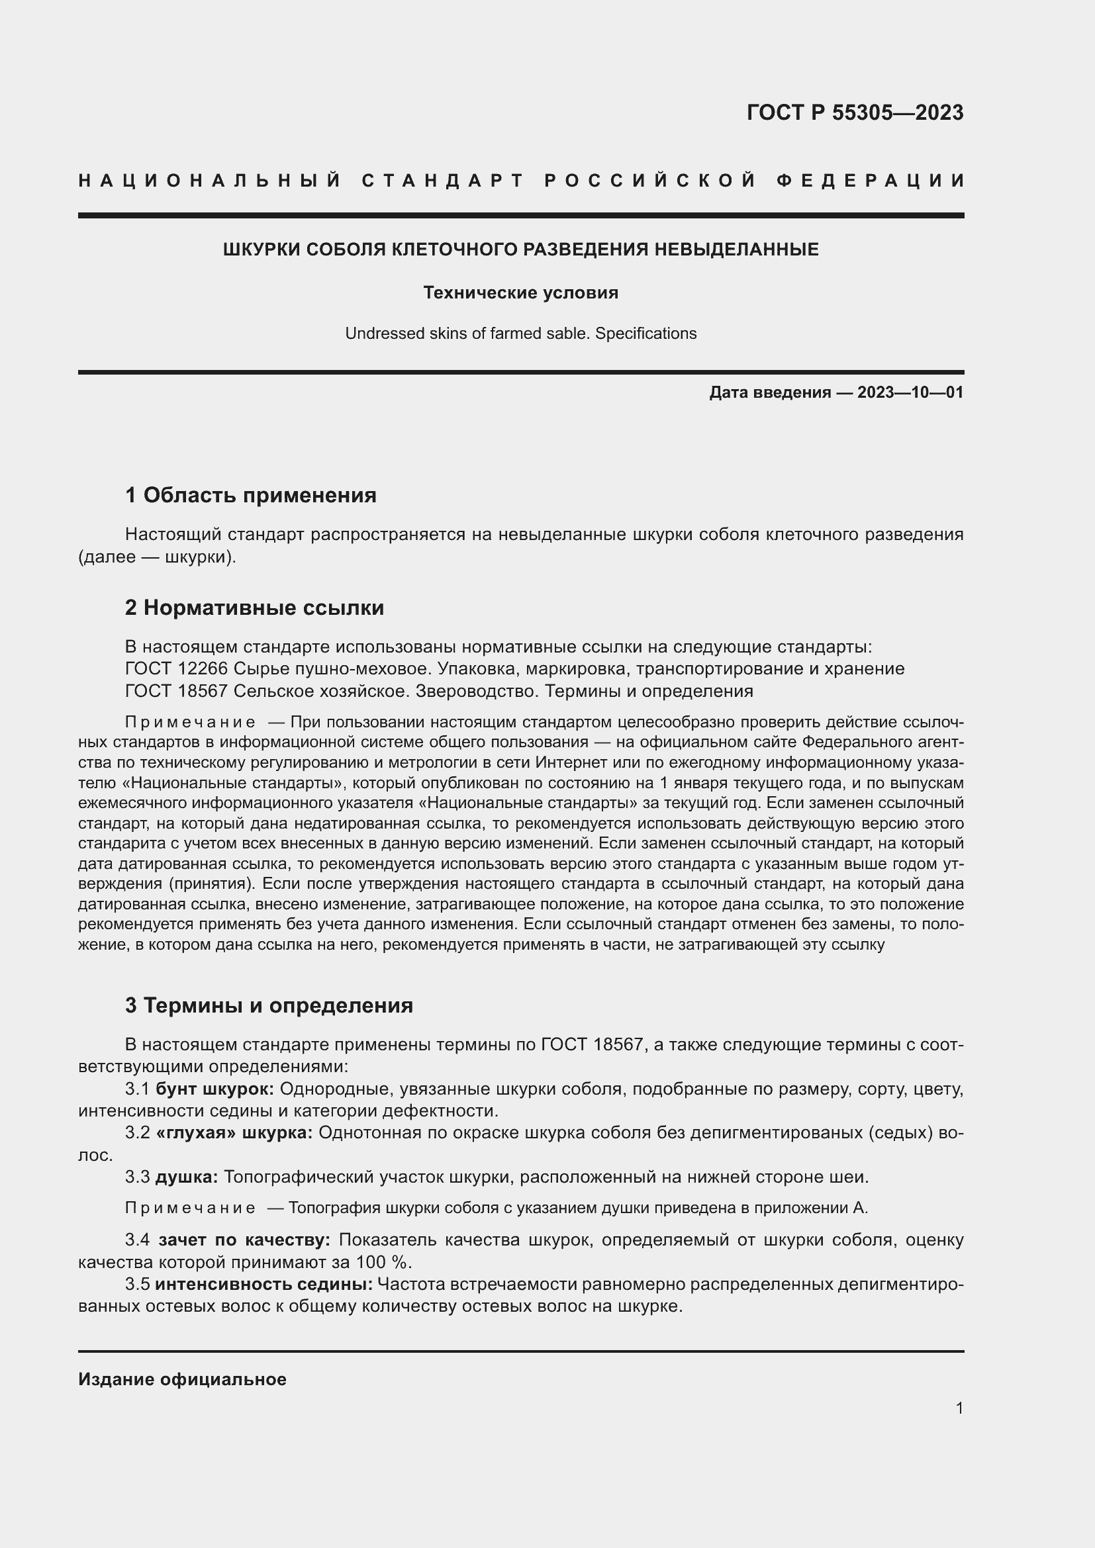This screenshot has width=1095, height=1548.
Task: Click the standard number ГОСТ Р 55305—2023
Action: coord(854,112)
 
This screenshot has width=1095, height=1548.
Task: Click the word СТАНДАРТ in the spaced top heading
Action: coord(443,181)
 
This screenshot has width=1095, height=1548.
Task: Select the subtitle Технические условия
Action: coord(520,293)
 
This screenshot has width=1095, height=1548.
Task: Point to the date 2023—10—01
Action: coord(910,392)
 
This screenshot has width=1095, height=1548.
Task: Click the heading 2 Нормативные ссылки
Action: coord(254,608)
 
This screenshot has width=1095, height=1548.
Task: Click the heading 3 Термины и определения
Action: coord(268,1005)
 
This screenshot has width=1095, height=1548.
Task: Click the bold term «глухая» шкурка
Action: coord(234,1132)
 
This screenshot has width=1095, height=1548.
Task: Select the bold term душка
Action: coord(186,1177)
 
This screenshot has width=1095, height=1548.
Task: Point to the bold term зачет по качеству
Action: coord(244,1240)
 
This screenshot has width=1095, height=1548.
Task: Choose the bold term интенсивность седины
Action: coord(263,1285)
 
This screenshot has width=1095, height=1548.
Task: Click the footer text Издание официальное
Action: coord(182,1379)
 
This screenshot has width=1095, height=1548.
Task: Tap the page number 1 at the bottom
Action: coord(959,1408)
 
